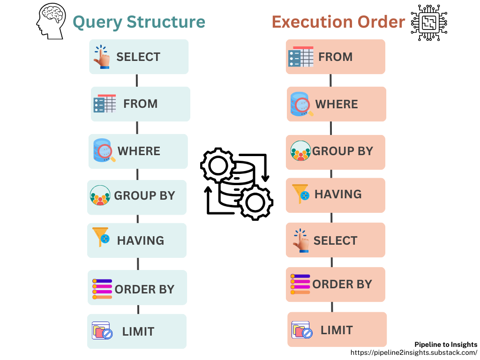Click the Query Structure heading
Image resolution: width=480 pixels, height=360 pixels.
139,22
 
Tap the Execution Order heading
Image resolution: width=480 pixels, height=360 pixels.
338,22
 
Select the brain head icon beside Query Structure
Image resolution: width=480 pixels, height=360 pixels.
51,22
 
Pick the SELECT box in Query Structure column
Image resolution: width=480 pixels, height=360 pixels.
139,57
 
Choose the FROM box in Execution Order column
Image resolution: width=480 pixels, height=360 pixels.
336,57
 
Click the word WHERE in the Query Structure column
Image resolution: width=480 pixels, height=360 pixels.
139,151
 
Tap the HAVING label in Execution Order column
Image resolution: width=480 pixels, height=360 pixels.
338,194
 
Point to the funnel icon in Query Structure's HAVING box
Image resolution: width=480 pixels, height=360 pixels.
101,237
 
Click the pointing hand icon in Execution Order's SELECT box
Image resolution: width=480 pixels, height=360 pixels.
300,240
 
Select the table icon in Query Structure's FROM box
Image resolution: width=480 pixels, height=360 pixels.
105,104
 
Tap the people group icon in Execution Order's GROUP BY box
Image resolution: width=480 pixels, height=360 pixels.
300,151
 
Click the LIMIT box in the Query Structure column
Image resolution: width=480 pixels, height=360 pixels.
137,331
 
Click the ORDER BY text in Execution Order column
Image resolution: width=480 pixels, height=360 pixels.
342,284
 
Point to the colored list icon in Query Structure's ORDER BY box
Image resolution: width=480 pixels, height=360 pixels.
102,289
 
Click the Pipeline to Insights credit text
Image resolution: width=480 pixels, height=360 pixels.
446,345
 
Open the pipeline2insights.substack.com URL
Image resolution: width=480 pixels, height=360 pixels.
414,352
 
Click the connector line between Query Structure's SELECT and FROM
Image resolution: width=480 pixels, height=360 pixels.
137,80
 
